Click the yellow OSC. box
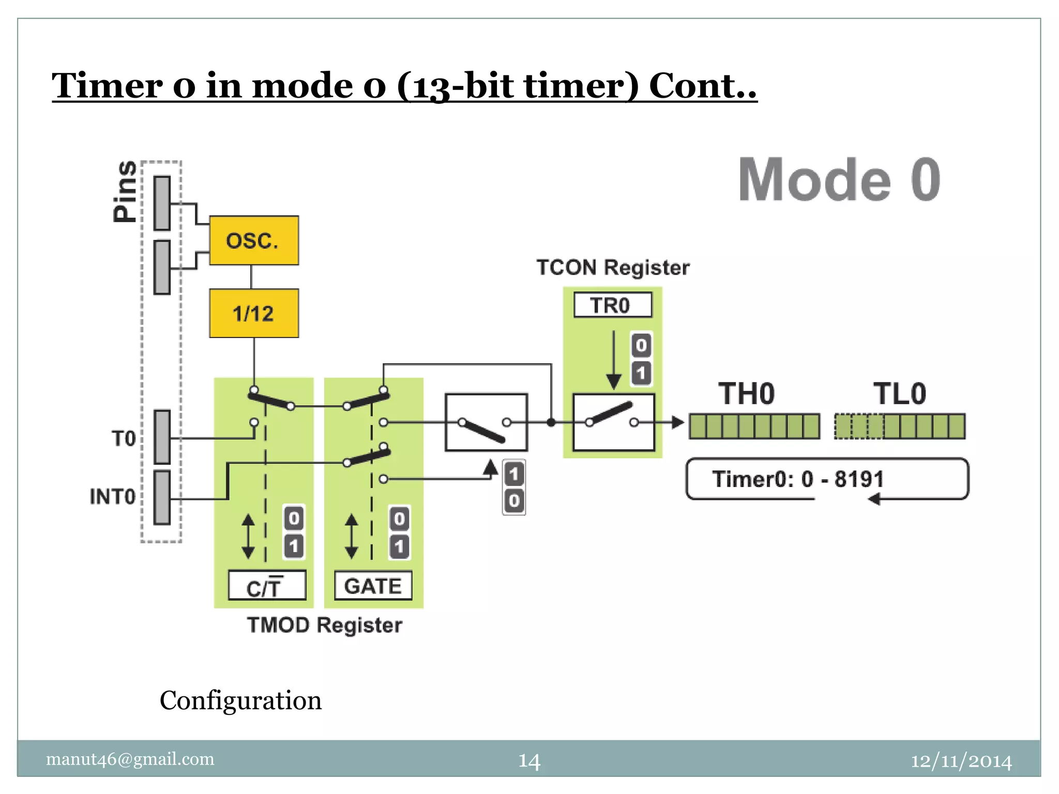click(253, 240)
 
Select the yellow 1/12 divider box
click(253, 313)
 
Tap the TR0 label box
click(612, 305)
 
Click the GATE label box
click(373, 586)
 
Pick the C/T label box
click(267, 586)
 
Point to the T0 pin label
click(124, 438)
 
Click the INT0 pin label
click(113, 496)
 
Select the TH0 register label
click(747, 394)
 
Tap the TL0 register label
click(900, 394)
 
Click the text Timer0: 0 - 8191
click(798, 479)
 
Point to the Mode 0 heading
click(839, 180)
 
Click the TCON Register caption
click(613, 268)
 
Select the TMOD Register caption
click(324, 625)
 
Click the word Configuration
click(240, 700)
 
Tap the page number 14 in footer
click(529, 761)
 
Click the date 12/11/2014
click(961, 761)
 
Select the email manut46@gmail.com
click(130, 759)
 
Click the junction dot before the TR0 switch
click(551, 422)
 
